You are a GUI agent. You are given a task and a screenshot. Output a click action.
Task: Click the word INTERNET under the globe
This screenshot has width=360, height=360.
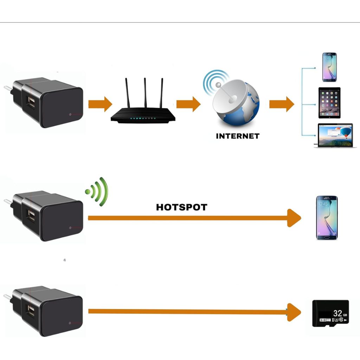tap(238, 136)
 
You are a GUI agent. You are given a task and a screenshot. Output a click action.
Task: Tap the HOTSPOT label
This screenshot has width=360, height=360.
tap(181, 207)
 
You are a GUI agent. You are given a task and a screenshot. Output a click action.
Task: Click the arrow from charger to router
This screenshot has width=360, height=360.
tap(100, 104)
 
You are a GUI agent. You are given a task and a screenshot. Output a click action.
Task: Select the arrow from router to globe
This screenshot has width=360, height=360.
tap(188, 104)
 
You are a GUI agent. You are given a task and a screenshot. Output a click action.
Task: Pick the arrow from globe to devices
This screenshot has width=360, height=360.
tap(282, 104)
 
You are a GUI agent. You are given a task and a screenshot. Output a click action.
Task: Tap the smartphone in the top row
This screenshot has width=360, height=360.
tap(329, 67)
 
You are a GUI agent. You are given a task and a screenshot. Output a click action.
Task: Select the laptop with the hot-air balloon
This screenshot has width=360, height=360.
tap(335, 135)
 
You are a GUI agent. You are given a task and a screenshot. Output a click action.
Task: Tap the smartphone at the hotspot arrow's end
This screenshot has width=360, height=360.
tap(327, 218)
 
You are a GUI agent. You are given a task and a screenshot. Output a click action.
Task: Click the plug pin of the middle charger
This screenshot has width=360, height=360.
tap(7, 201)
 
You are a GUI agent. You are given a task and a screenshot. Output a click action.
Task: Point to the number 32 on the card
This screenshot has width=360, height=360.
tap(337, 313)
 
